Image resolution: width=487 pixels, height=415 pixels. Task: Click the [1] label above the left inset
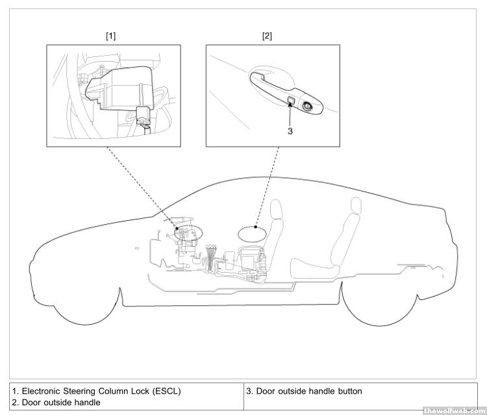coord(110,36)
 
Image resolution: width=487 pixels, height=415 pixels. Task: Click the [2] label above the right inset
coord(267,36)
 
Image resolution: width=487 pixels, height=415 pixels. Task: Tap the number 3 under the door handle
coord(290,131)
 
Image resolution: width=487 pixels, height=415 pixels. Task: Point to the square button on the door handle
coord(292,101)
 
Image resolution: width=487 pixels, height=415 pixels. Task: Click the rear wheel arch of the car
coord(377,305)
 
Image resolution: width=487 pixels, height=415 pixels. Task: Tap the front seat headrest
coord(277,211)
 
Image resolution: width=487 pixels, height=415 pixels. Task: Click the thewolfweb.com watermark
coord(453,410)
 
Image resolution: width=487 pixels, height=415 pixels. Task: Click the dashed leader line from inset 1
coord(136,182)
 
